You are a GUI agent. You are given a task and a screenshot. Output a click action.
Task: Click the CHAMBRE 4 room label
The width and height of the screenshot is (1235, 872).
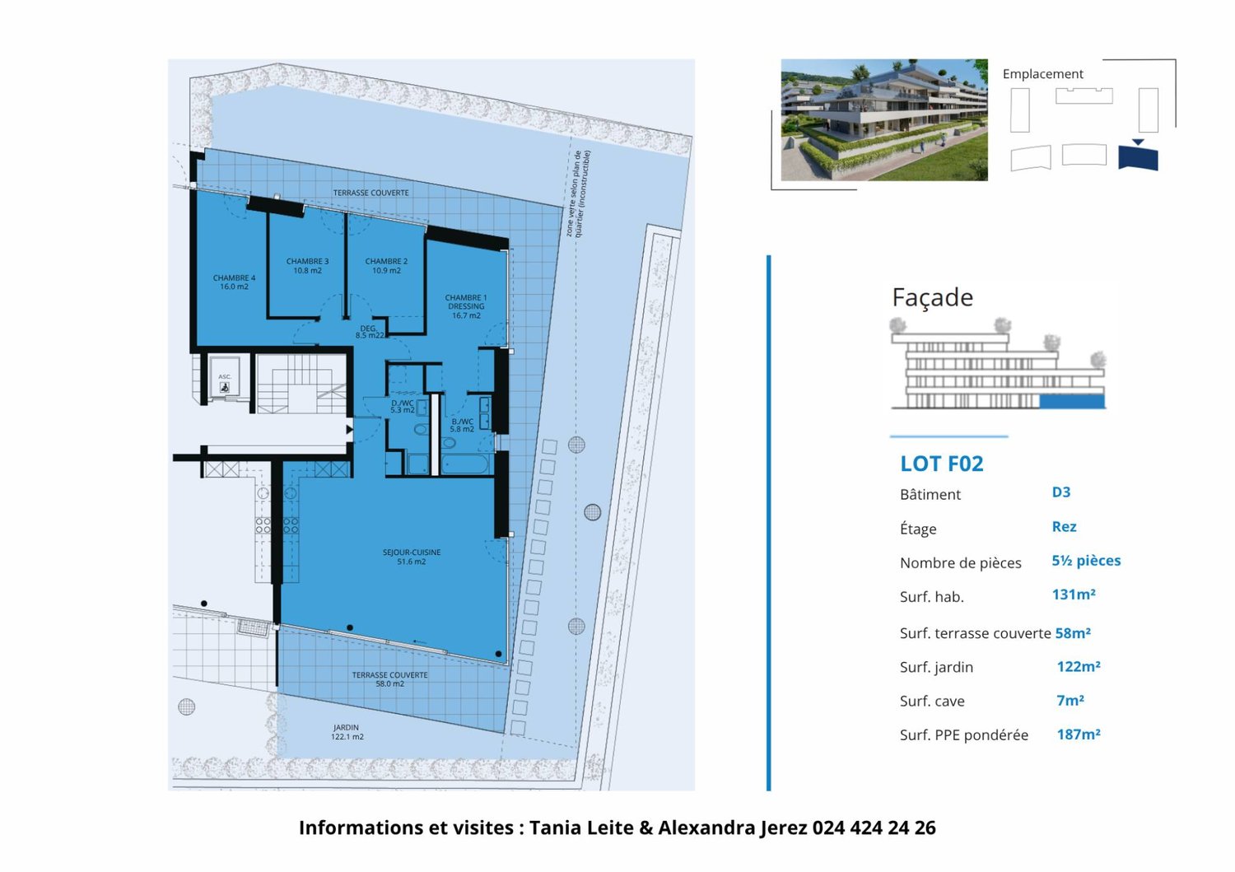click(x=235, y=282)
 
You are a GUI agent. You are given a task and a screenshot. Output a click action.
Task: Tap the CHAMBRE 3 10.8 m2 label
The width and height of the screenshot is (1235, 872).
click(x=307, y=266)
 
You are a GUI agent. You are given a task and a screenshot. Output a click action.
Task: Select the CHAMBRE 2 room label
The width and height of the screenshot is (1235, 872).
click(x=386, y=266)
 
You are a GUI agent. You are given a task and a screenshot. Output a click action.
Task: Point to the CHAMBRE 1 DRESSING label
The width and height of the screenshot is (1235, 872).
click(x=466, y=306)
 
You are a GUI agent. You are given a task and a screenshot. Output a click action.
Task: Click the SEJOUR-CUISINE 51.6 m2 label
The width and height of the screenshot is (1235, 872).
click(x=412, y=557)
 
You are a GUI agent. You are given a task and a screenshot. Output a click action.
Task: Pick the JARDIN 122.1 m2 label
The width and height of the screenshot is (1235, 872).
click(x=347, y=732)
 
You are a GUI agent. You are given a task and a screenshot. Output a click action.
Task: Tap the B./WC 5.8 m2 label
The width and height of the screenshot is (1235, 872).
click(x=462, y=425)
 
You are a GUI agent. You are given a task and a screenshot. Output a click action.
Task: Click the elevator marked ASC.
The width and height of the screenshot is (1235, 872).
click(x=224, y=383)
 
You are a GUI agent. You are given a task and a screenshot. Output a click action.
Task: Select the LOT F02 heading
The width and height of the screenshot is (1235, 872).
click(x=942, y=464)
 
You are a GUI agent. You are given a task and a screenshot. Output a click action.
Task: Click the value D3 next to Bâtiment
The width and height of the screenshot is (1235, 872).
click(x=1061, y=492)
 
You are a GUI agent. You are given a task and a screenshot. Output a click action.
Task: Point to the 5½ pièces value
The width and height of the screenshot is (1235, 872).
click(x=1086, y=561)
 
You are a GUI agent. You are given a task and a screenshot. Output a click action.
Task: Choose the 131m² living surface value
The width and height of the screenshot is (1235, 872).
click(x=1074, y=595)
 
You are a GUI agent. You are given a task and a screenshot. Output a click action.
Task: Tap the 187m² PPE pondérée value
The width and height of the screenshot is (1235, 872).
click(x=1079, y=734)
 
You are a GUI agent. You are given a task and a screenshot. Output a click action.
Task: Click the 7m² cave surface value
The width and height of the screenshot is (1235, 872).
click(x=1070, y=701)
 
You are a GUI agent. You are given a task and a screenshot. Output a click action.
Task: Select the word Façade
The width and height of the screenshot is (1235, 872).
click(x=933, y=297)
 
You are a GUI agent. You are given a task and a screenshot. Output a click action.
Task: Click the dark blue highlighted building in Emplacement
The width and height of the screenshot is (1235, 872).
click(x=1138, y=157)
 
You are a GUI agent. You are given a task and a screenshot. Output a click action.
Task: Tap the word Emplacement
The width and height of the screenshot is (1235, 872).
click(x=1042, y=74)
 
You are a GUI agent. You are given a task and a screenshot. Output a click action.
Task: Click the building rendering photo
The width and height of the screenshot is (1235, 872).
click(x=883, y=119)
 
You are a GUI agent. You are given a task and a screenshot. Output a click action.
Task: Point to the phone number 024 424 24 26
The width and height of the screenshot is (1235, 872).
click(x=874, y=828)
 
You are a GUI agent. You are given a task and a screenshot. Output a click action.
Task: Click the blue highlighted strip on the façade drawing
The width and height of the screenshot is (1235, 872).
click(x=1071, y=402)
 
